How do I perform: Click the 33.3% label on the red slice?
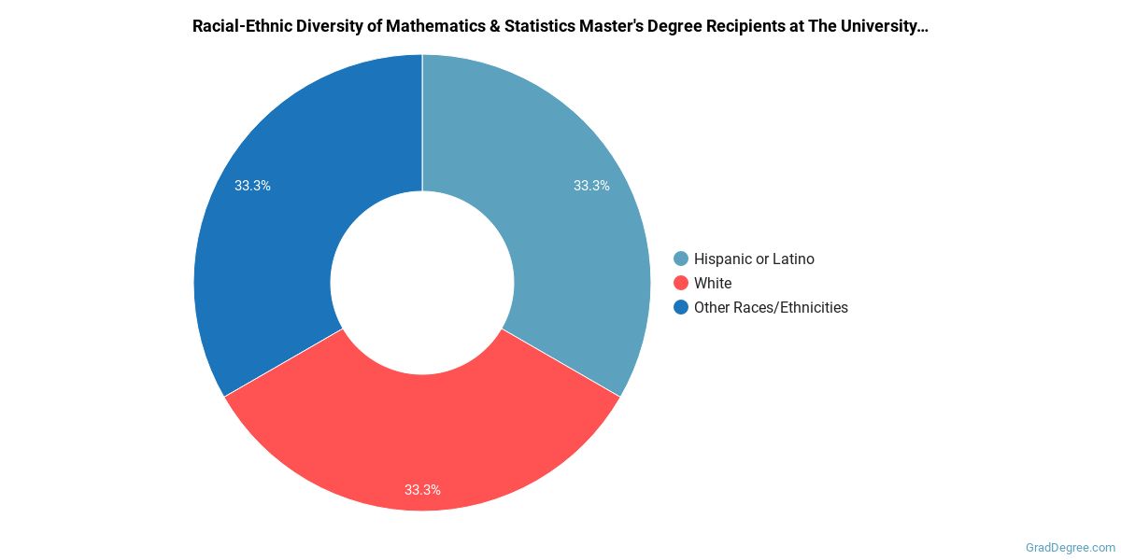click(x=422, y=489)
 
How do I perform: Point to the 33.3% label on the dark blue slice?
click(x=252, y=186)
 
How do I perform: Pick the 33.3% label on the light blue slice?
click(x=591, y=186)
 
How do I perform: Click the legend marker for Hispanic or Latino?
click(x=681, y=259)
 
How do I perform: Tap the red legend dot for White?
click(x=681, y=283)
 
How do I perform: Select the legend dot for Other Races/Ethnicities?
click(x=681, y=307)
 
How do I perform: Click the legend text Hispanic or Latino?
click(x=754, y=259)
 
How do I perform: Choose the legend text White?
click(x=713, y=283)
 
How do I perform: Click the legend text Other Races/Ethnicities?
click(x=771, y=307)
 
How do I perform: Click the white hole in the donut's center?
click(x=422, y=283)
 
